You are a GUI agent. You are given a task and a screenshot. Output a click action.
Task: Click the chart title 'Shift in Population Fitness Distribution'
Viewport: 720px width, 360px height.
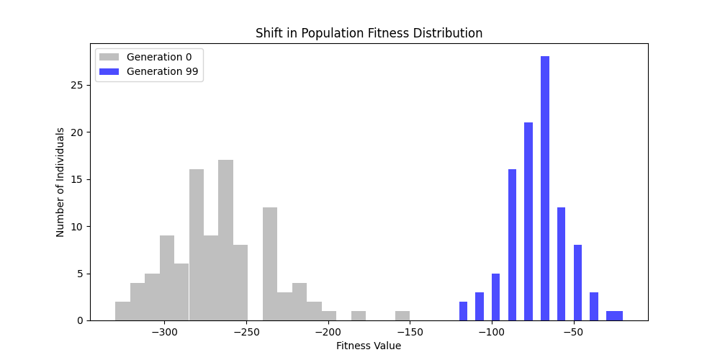[369, 33]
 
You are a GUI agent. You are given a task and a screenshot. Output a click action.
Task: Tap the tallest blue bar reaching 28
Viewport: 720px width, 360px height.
[545, 189]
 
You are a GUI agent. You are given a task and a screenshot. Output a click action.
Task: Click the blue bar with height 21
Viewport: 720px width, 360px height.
[528, 222]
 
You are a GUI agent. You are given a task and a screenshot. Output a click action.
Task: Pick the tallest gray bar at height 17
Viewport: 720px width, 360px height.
[225, 240]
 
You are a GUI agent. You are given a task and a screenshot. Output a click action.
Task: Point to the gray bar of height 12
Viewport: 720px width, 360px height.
[270, 264]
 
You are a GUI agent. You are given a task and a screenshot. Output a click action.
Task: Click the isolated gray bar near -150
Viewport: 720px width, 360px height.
[402, 316]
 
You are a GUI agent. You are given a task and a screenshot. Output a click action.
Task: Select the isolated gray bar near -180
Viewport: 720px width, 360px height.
[359, 316]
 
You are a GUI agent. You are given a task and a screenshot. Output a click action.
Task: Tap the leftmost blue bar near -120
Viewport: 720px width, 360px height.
[463, 311]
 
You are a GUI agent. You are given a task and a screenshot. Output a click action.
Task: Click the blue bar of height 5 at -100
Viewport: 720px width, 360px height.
[495, 297]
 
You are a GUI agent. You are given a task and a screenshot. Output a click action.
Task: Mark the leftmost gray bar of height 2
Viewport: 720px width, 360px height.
[123, 311]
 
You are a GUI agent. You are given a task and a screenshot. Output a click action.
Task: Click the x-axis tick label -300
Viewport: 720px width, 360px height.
[164, 333]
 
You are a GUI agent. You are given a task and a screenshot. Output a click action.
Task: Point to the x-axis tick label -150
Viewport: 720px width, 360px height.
[410, 333]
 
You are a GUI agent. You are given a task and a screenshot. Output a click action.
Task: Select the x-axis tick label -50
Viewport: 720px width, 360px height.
[573, 333]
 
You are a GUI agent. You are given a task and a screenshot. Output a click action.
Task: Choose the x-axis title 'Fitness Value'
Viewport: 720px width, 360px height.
[369, 346]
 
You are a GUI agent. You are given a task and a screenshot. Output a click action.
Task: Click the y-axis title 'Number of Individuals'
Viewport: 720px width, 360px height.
[61, 182]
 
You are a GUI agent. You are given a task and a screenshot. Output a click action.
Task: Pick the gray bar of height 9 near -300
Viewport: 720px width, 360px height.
[167, 278]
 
